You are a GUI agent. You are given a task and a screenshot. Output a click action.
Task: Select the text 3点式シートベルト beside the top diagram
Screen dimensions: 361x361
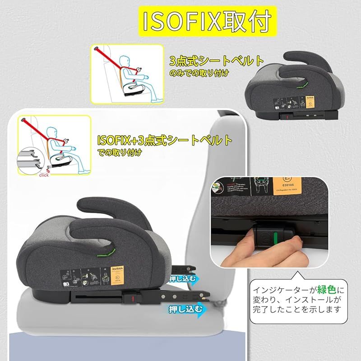[x=217, y=60]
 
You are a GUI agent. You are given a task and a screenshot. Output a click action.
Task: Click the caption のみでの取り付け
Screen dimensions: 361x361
[x=199, y=72]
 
